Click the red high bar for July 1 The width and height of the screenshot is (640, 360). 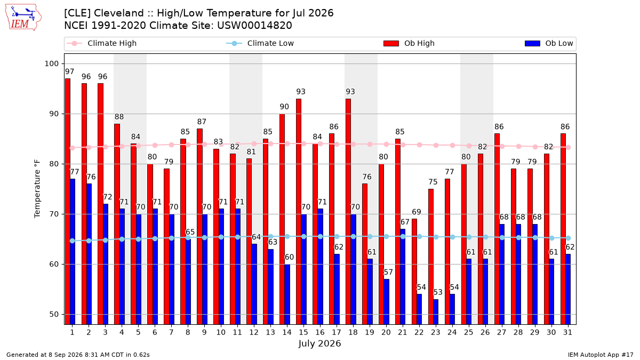pyautogui.click(x=68, y=202)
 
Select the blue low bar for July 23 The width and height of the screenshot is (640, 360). pyautogui.click(x=436, y=311)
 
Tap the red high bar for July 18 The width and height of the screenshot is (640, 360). pyautogui.click(x=348, y=211)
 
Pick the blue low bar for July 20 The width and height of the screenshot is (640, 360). pyautogui.click(x=386, y=302)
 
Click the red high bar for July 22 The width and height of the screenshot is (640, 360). pyautogui.click(x=414, y=271)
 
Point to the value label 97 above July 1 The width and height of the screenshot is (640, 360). pyautogui.click(x=69, y=71)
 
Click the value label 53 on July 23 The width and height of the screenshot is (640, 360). pyautogui.click(x=438, y=292)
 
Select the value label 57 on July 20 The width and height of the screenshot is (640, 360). pyautogui.click(x=388, y=272)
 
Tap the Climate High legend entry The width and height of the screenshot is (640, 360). pyautogui.click(x=102, y=43)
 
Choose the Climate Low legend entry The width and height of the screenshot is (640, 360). pyautogui.click(x=260, y=43)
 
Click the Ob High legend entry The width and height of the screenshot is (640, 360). pyautogui.click(x=409, y=43)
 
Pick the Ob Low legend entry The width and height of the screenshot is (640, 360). pyautogui.click(x=549, y=43)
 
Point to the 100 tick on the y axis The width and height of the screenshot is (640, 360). pyautogui.click(x=51, y=63)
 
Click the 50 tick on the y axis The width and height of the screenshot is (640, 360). pyautogui.click(x=54, y=314)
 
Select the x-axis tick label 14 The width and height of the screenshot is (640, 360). pyautogui.click(x=287, y=332)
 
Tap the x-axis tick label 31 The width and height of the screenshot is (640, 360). pyautogui.click(x=567, y=332)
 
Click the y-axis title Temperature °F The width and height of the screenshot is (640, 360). pyautogui.click(x=37, y=189)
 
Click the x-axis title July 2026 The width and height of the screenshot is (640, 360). pyautogui.click(x=319, y=343)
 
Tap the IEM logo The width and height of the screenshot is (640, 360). pyautogui.click(x=23, y=18)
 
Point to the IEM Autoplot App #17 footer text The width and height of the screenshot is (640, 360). pyautogui.click(x=601, y=355)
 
